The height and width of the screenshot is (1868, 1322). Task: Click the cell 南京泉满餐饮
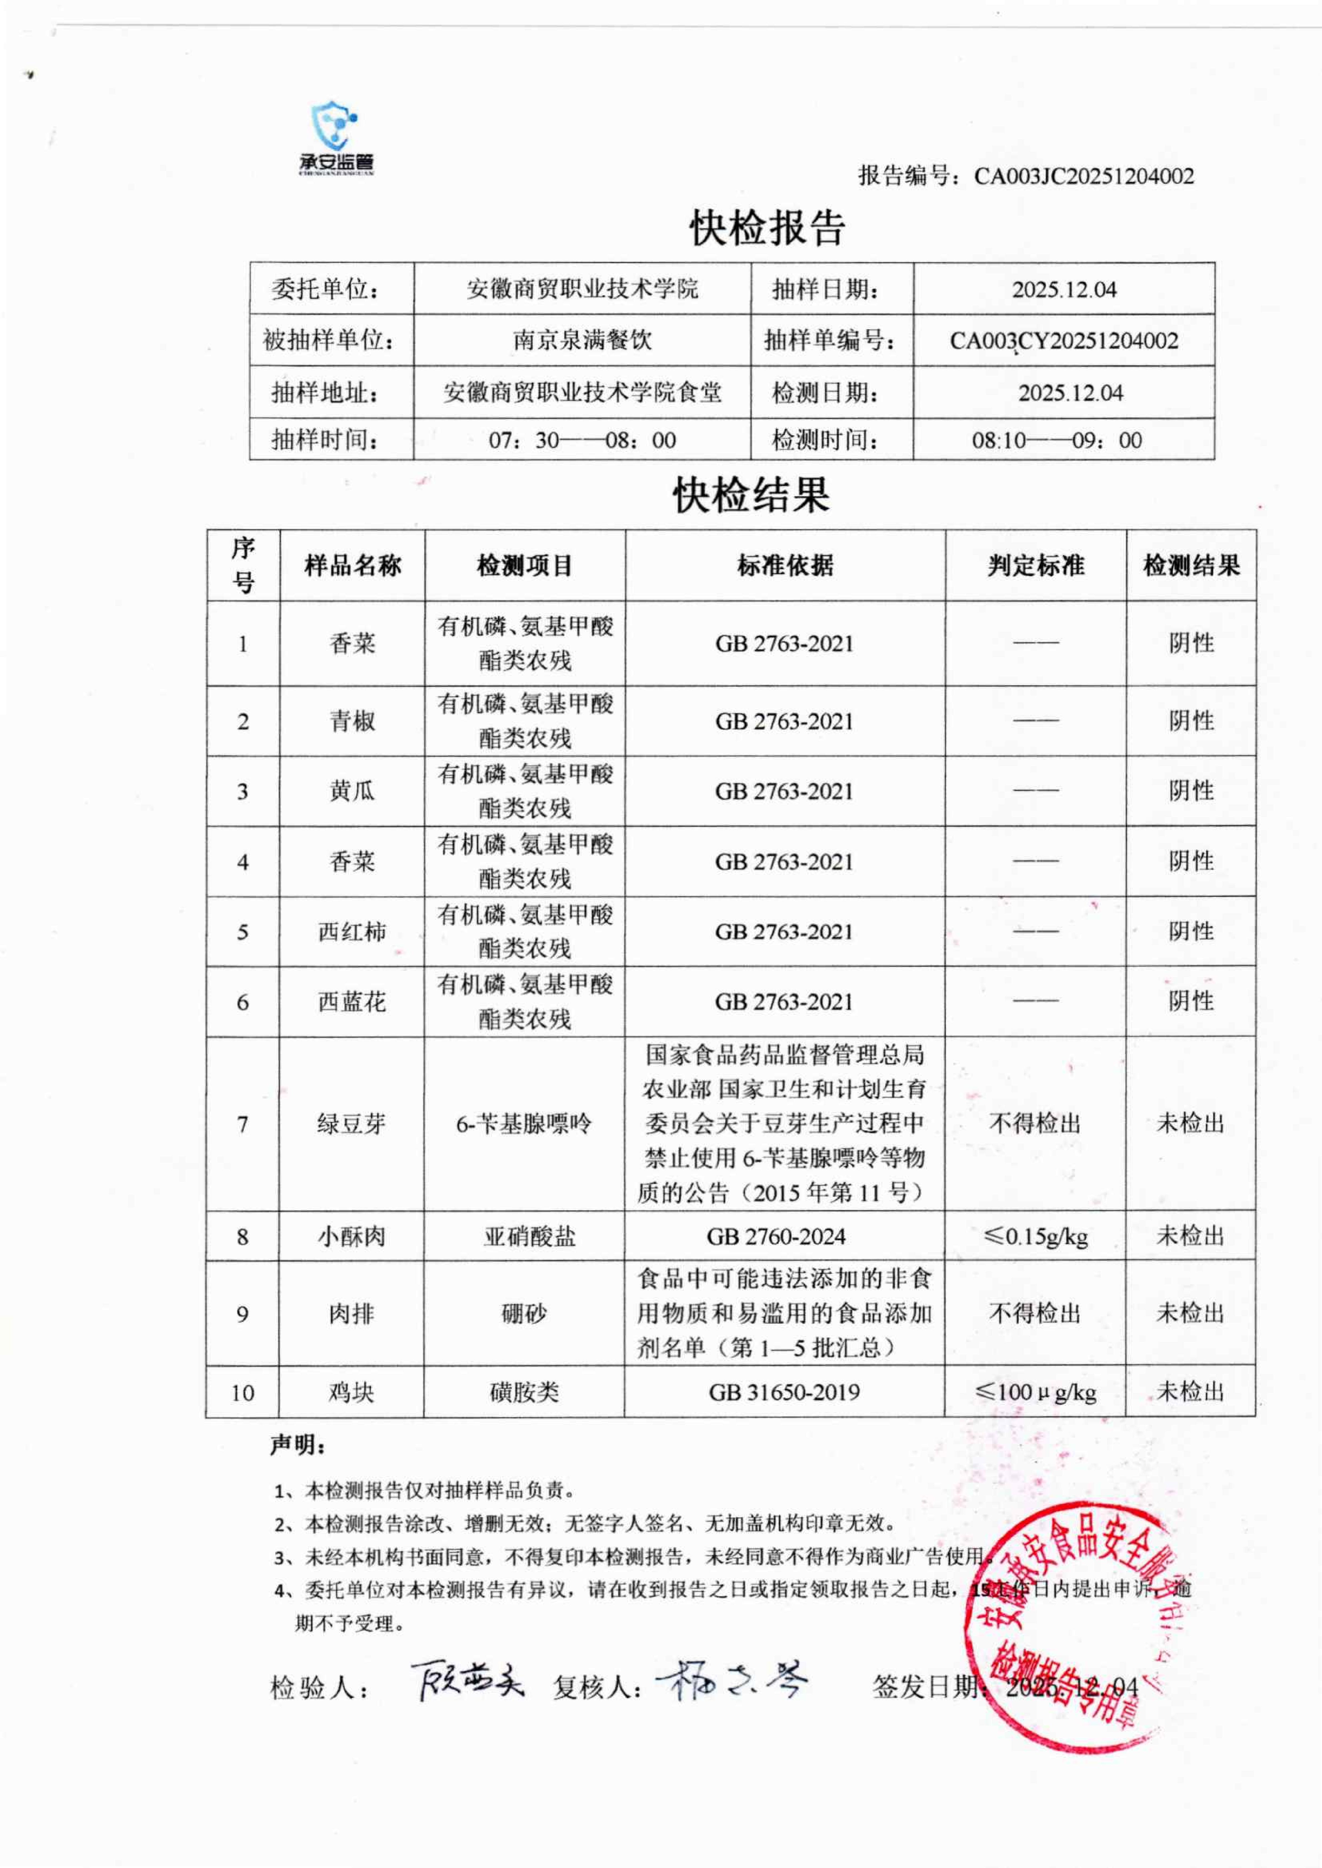pos(582,340)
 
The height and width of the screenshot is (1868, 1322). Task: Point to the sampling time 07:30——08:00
pos(582,440)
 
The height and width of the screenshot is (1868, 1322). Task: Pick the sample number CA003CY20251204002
pos(1064,340)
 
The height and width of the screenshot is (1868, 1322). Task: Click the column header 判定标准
pos(1035,566)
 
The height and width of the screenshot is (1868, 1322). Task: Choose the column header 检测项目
pos(525,566)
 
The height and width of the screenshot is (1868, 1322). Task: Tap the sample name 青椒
pos(352,721)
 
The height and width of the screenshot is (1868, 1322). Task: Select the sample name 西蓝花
pos(352,1001)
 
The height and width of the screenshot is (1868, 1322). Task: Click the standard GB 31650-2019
pos(784,1392)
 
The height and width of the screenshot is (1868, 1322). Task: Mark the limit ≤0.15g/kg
pos(1035,1237)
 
